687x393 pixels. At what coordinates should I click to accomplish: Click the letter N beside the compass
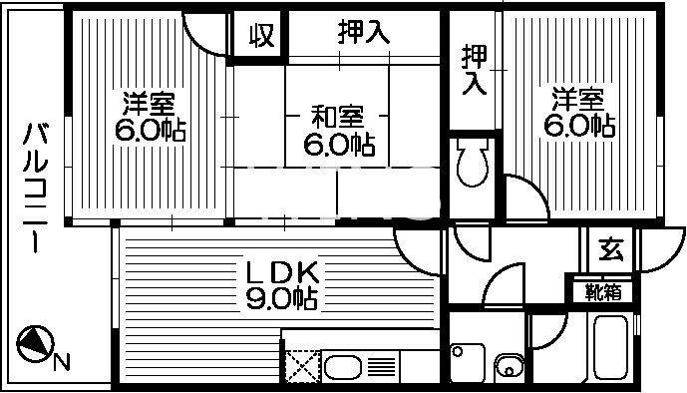62,362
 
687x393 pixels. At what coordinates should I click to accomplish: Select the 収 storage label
261,37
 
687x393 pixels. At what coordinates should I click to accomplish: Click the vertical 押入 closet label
473,70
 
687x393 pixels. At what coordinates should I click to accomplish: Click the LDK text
282,271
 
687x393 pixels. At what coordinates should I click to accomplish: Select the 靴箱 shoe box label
602,292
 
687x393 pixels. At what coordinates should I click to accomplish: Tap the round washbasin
510,366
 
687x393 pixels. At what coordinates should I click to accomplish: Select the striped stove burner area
382,365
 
